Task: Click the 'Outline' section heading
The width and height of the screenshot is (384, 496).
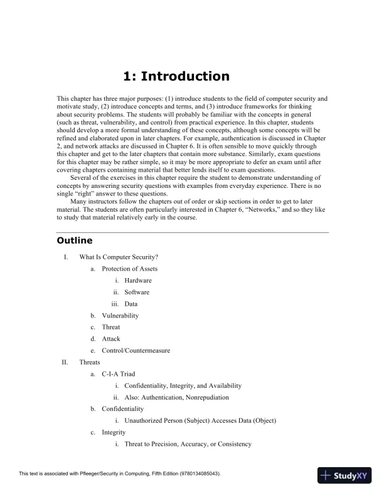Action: click(x=75, y=240)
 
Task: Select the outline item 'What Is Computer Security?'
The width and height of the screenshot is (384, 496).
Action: click(x=118, y=257)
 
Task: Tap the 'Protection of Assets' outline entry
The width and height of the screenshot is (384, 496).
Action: click(x=130, y=269)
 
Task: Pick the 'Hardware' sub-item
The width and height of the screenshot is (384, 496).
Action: click(x=137, y=281)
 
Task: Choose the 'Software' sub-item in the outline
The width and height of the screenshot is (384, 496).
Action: click(x=137, y=292)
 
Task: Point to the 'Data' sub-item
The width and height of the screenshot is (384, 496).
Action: click(x=131, y=304)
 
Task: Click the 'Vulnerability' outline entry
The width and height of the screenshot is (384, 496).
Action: click(x=120, y=316)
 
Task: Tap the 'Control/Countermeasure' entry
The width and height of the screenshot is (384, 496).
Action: click(x=136, y=351)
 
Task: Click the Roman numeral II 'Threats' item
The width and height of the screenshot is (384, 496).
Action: click(x=90, y=363)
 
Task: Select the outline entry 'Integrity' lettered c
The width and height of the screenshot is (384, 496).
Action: click(x=114, y=432)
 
